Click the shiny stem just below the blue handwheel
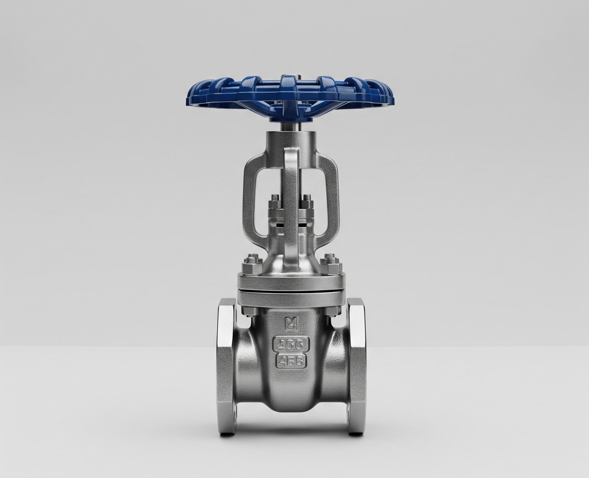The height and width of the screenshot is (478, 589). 289,125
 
